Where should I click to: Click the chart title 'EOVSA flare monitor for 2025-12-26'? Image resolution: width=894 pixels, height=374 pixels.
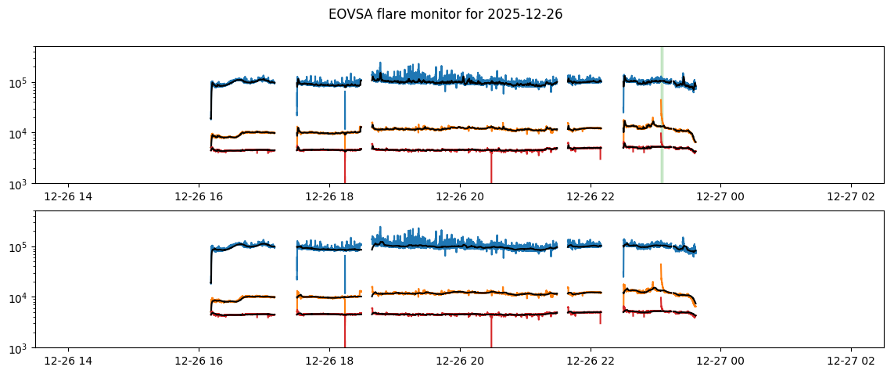pyautogui.click(x=446, y=14)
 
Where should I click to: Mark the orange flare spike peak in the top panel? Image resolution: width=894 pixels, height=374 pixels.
pyautogui.click(x=661, y=100)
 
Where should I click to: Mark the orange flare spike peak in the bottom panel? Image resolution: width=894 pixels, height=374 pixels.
pyautogui.click(x=661, y=264)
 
